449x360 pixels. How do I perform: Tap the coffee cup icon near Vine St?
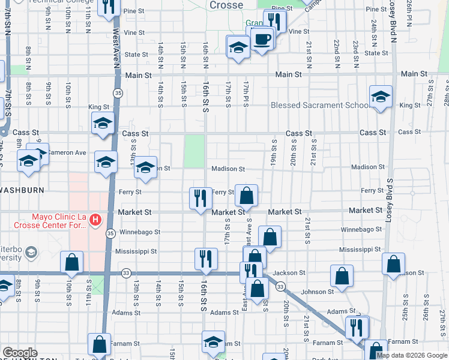tap(261, 40)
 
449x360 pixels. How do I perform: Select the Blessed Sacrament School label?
tap(321, 105)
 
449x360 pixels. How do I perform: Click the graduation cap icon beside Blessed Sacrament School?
tap(381, 97)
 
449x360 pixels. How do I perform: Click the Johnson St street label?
tap(318, 292)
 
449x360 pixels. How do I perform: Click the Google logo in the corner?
tap(20, 353)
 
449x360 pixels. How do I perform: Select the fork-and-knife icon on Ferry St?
tap(200, 197)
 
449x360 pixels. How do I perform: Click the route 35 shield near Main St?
tap(117, 92)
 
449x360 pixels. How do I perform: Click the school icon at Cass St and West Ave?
tap(103, 124)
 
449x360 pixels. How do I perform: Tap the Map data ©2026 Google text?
tap(411, 355)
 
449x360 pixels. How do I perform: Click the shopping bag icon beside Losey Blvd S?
tap(393, 264)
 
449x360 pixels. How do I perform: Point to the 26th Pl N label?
tap(408, 16)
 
